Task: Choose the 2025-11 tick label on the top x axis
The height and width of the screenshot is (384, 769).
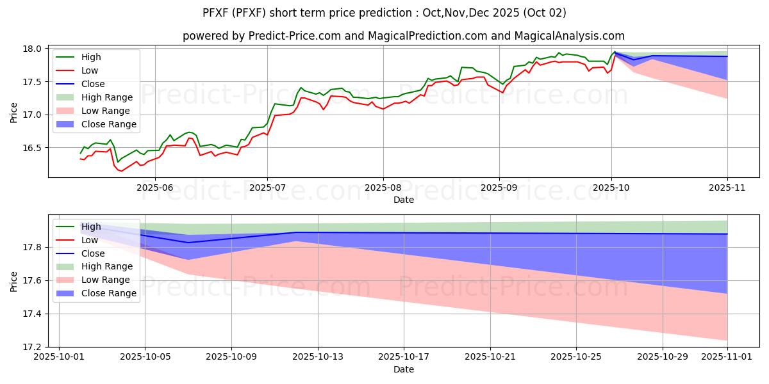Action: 727,188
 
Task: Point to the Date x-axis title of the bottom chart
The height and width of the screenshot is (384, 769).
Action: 404,369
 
